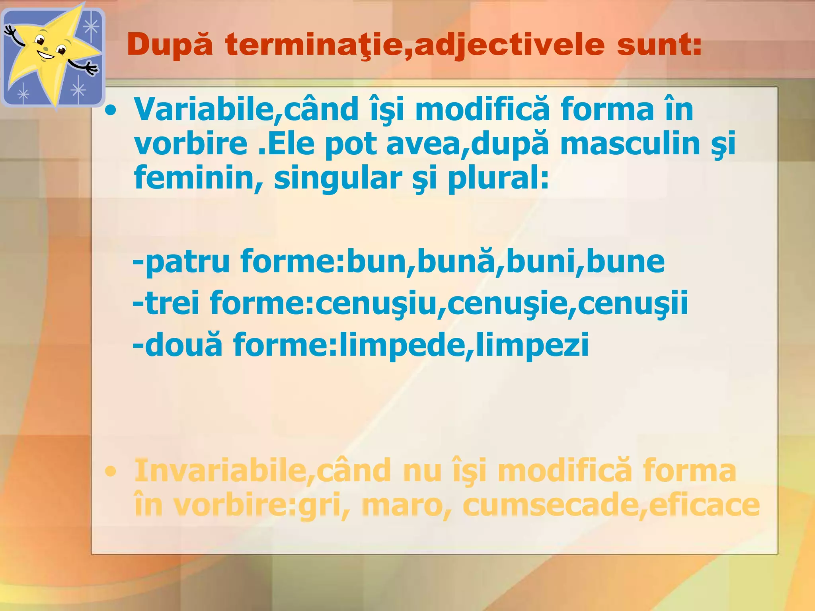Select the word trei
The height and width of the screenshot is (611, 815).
pyautogui.click(x=172, y=303)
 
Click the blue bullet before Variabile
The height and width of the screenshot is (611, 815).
pyautogui.click(x=110, y=111)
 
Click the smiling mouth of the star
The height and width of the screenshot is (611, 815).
pyautogui.click(x=47, y=56)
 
